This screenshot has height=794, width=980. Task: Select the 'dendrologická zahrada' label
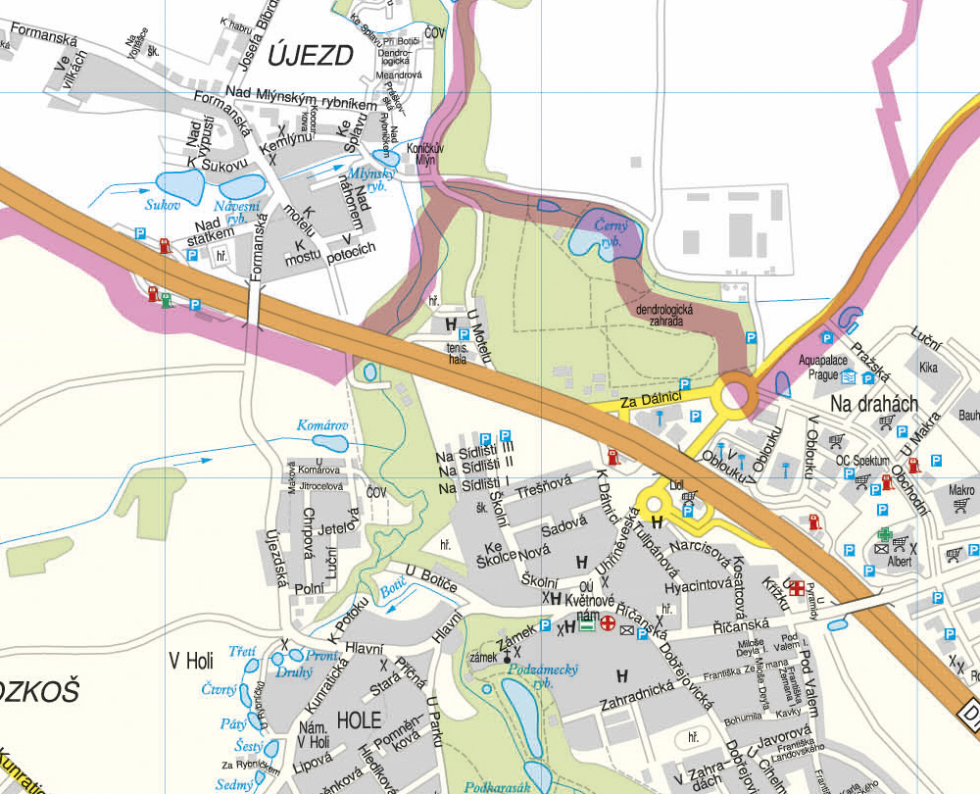click(x=664, y=315)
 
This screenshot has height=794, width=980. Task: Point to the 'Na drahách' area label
click(x=873, y=404)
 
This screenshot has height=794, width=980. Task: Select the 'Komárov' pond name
click(x=322, y=426)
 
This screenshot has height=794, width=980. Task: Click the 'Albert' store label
click(x=901, y=562)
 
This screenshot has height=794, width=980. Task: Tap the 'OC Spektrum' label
click(x=861, y=461)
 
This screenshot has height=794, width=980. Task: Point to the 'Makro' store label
click(x=961, y=489)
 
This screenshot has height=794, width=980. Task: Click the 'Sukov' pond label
click(x=163, y=206)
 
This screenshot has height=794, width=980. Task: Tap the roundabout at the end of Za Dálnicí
click(x=737, y=397)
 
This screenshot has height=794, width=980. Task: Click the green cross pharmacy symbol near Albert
click(x=885, y=535)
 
